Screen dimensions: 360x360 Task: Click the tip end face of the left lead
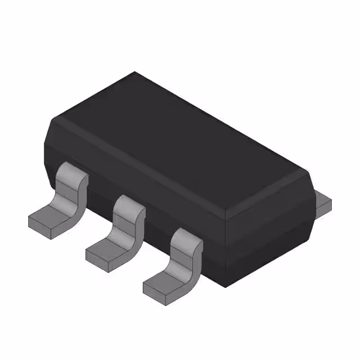pyautogui.click(x=40, y=224)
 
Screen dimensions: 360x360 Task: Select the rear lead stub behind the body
pyautogui.click(x=322, y=203)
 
